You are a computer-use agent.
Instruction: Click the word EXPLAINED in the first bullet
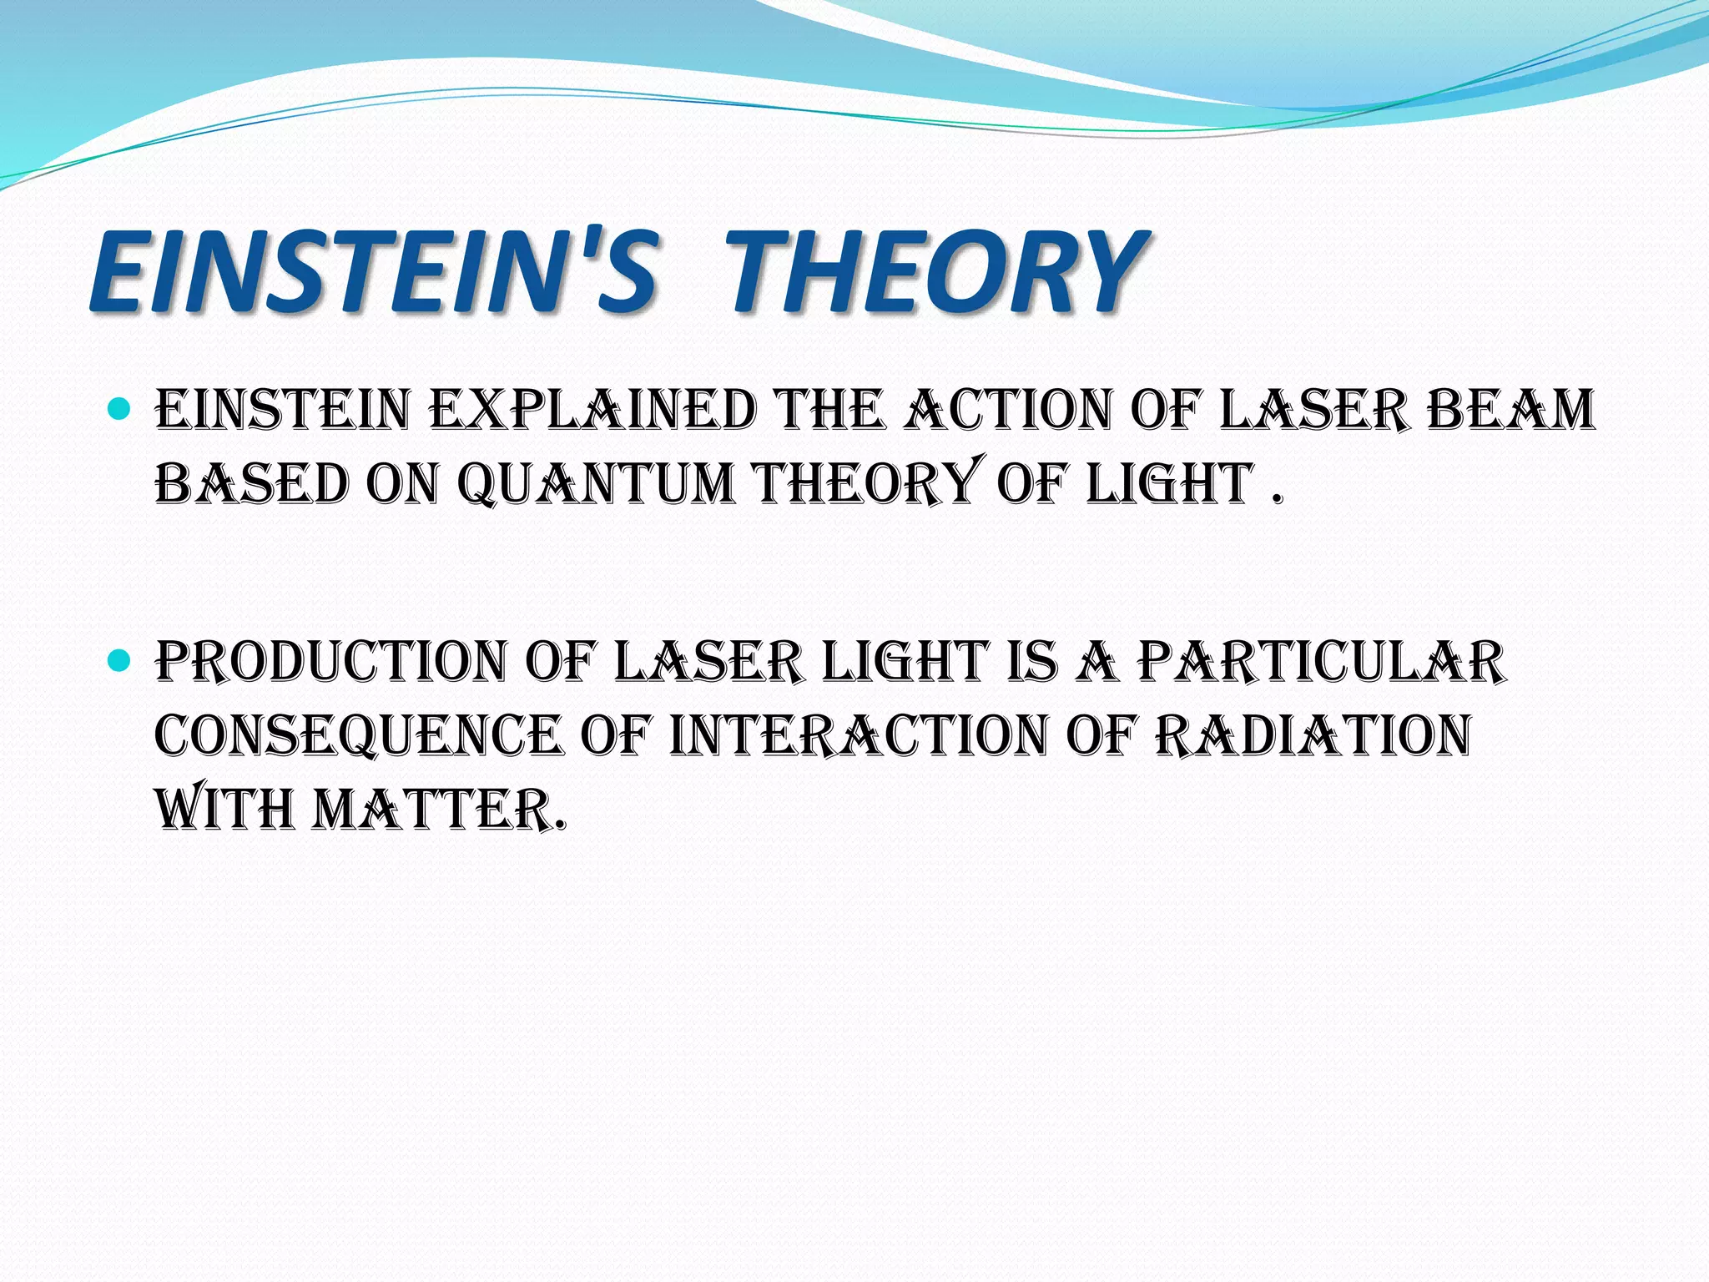coord(596,411)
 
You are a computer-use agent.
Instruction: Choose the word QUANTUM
coord(597,484)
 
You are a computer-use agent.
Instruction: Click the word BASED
coord(251,484)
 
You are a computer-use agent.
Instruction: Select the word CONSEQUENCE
coord(358,735)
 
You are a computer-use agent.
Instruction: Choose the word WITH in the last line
coord(224,810)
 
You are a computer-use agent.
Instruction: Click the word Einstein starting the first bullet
coord(282,411)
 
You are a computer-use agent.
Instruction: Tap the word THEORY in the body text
coord(865,484)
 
